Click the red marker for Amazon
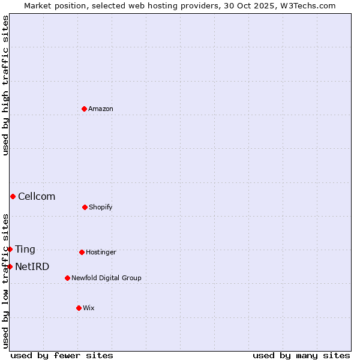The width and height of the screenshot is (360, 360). click(x=84, y=109)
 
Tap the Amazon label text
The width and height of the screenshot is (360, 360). click(x=101, y=109)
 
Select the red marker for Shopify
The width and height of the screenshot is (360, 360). click(x=85, y=207)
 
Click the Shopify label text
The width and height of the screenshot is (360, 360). click(x=101, y=207)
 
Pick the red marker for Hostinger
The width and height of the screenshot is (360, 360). click(x=82, y=252)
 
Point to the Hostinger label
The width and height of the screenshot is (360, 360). click(x=101, y=252)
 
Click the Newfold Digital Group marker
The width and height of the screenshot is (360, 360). click(x=67, y=278)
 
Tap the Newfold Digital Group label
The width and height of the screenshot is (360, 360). click(x=106, y=278)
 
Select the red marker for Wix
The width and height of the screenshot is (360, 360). click(x=79, y=308)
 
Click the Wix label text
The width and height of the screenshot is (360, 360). click(x=89, y=308)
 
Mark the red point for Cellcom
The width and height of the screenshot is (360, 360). click(x=13, y=196)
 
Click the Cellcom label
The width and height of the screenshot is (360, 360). click(x=37, y=197)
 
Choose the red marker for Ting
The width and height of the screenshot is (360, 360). click(x=10, y=249)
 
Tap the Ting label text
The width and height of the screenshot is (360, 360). click(x=25, y=250)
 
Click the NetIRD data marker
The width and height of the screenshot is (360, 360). click(x=10, y=266)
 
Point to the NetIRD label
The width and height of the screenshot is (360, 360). click(x=32, y=267)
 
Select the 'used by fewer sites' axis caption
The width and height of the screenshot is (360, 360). click(x=62, y=355)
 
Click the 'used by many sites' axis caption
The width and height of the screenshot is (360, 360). click(x=301, y=355)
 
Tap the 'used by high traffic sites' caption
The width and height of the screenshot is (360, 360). click(x=5, y=85)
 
